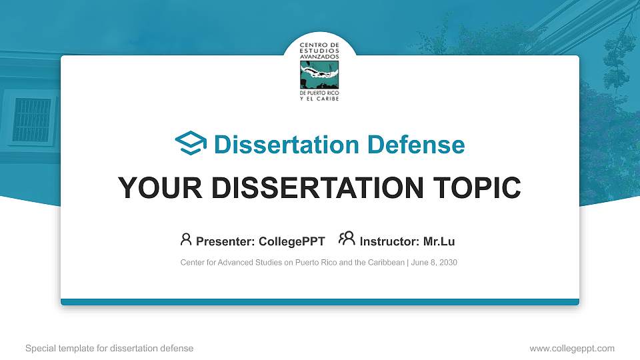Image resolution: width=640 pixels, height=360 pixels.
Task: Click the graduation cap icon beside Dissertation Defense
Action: [x=191, y=144]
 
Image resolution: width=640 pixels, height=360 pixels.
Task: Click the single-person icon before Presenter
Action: [x=186, y=239]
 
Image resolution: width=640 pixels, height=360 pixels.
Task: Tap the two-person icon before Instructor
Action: [x=347, y=239]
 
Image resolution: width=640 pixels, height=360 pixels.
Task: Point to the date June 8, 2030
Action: [x=434, y=263]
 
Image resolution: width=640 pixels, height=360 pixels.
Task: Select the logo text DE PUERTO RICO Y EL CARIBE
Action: [x=319, y=96]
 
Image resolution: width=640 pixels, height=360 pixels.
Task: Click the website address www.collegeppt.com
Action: [x=571, y=348]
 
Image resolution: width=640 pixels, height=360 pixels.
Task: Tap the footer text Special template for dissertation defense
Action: [x=109, y=348]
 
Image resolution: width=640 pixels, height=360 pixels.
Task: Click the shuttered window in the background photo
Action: [x=31, y=120]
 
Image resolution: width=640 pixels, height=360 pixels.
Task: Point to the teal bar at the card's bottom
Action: [x=319, y=302]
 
